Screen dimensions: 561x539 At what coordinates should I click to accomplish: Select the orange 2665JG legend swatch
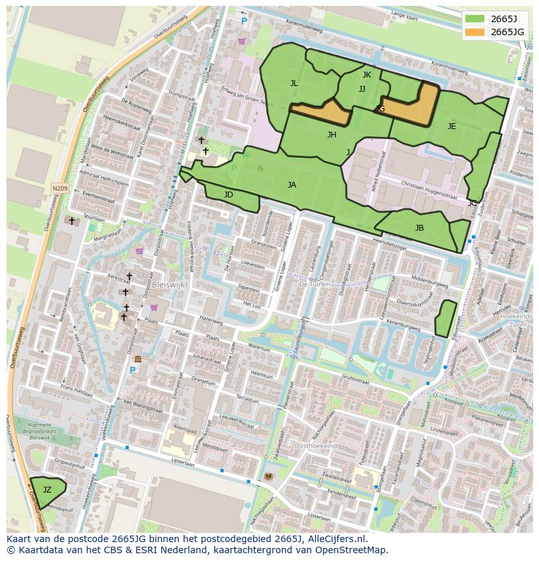(x=475, y=32)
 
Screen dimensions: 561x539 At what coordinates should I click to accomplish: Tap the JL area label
(x=294, y=83)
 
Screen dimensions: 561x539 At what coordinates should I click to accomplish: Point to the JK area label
(x=366, y=75)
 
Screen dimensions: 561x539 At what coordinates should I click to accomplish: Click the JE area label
(x=452, y=126)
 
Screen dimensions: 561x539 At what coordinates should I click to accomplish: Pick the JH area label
(x=332, y=135)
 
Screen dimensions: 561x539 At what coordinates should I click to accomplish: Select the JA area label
(x=292, y=185)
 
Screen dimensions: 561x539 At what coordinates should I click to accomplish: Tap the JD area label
(x=228, y=195)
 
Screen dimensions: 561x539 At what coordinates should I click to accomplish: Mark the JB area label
(x=419, y=228)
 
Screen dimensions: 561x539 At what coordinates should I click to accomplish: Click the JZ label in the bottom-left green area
(x=47, y=489)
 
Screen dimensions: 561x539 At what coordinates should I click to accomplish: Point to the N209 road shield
(x=60, y=188)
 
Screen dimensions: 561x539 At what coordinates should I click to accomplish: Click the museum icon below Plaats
(x=138, y=359)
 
